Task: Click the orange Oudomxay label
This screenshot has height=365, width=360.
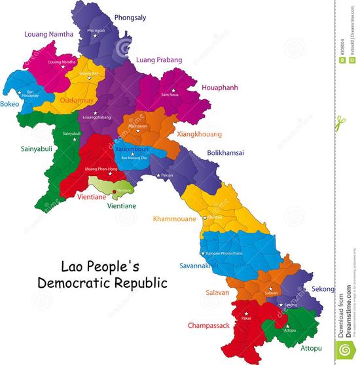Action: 79,101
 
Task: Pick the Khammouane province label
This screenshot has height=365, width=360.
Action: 174,219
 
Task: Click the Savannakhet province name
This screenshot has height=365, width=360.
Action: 199,266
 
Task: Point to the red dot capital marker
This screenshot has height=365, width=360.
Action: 115,191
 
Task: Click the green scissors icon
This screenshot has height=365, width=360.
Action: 340,122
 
